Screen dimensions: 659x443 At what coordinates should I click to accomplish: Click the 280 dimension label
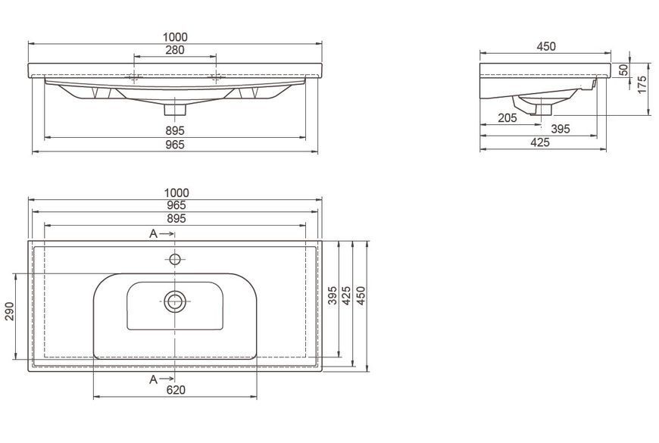(x=175, y=50)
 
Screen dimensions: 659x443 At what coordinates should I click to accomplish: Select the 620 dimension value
(x=176, y=390)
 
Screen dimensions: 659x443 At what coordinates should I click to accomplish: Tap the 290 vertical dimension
(x=10, y=311)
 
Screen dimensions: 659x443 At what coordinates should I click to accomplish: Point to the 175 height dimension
(x=642, y=85)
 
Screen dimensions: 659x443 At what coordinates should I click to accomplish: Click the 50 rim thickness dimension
(x=624, y=70)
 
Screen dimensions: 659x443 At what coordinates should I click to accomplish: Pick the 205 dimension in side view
(x=508, y=118)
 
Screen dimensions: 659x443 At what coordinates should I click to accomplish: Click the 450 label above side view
(x=546, y=46)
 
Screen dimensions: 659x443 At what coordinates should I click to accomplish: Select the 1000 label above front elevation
(x=175, y=37)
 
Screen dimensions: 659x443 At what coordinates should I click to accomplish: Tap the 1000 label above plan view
(x=176, y=193)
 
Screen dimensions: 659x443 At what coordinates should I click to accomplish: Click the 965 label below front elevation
(x=175, y=145)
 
